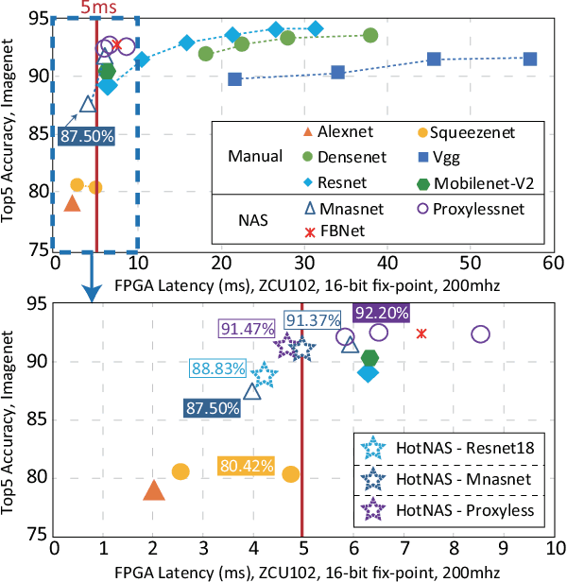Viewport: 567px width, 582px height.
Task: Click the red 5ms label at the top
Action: (99, 9)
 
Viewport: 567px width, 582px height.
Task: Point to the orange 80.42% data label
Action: (247, 466)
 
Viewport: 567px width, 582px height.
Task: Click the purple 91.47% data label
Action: (247, 328)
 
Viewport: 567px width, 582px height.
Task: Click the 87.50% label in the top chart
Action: (87, 136)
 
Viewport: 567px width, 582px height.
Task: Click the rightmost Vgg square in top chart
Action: (530, 59)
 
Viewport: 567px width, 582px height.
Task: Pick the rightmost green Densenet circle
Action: (370, 36)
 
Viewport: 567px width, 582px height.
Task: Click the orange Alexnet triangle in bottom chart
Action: (154, 489)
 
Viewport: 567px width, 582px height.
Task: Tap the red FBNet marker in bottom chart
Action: (421, 333)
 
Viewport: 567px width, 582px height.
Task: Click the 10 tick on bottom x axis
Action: (554, 547)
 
